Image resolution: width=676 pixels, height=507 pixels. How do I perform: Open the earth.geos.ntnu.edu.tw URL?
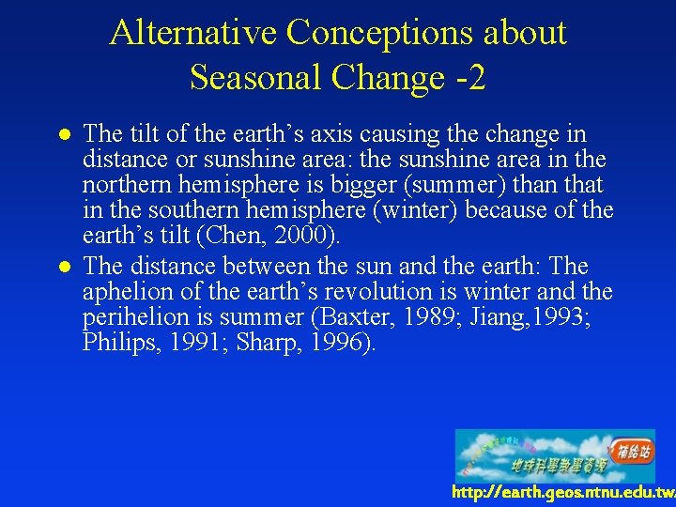tap(562, 493)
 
